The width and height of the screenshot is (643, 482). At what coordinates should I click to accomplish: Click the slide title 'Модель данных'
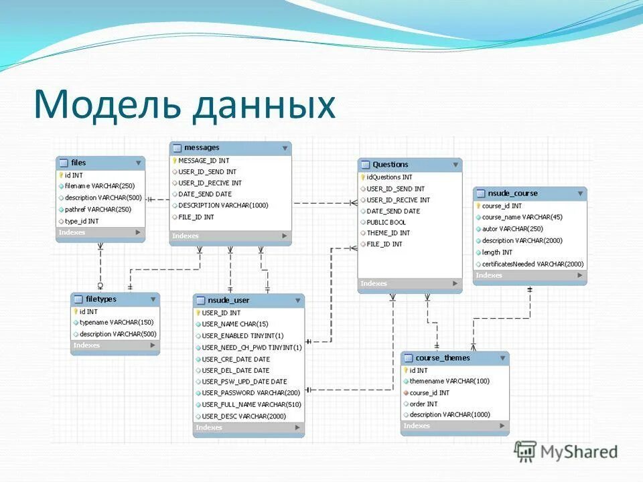pyautogui.click(x=185, y=105)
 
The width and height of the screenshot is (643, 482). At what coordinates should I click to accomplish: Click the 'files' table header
pyautogui.click(x=78, y=163)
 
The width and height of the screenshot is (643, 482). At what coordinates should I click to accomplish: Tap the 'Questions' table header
pyautogui.click(x=390, y=165)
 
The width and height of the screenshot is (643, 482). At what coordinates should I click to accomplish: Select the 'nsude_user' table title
pyautogui.click(x=228, y=301)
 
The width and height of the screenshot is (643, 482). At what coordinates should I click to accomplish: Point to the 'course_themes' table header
pyautogui.click(x=442, y=358)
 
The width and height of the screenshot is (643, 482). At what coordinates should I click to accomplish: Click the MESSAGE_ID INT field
pyautogui.click(x=204, y=161)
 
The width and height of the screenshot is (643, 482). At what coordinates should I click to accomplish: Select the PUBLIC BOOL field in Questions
pyautogui.click(x=386, y=222)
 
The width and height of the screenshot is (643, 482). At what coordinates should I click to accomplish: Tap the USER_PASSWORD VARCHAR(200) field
pyautogui.click(x=251, y=393)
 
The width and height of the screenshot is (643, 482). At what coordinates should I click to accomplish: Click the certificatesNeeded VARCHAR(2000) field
pyautogui.click(x=532, y=264)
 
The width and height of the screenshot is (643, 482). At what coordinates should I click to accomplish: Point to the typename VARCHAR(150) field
pyautogui.click(x=117, y=323)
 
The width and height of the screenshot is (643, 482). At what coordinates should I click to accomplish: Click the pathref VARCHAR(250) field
pyautogui.click(x=98, y=210)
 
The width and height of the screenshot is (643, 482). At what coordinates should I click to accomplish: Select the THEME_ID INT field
pyautogui.click(x=388, y=233)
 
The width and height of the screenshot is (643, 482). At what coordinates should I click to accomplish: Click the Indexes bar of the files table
pyautogui.click(x=100, y=232)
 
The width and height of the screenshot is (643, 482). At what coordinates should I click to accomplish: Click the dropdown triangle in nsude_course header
pyautogui.click(x=580, y=193)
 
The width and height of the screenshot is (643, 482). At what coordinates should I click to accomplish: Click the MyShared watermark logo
pyautogui.click(x=567, y=451)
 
